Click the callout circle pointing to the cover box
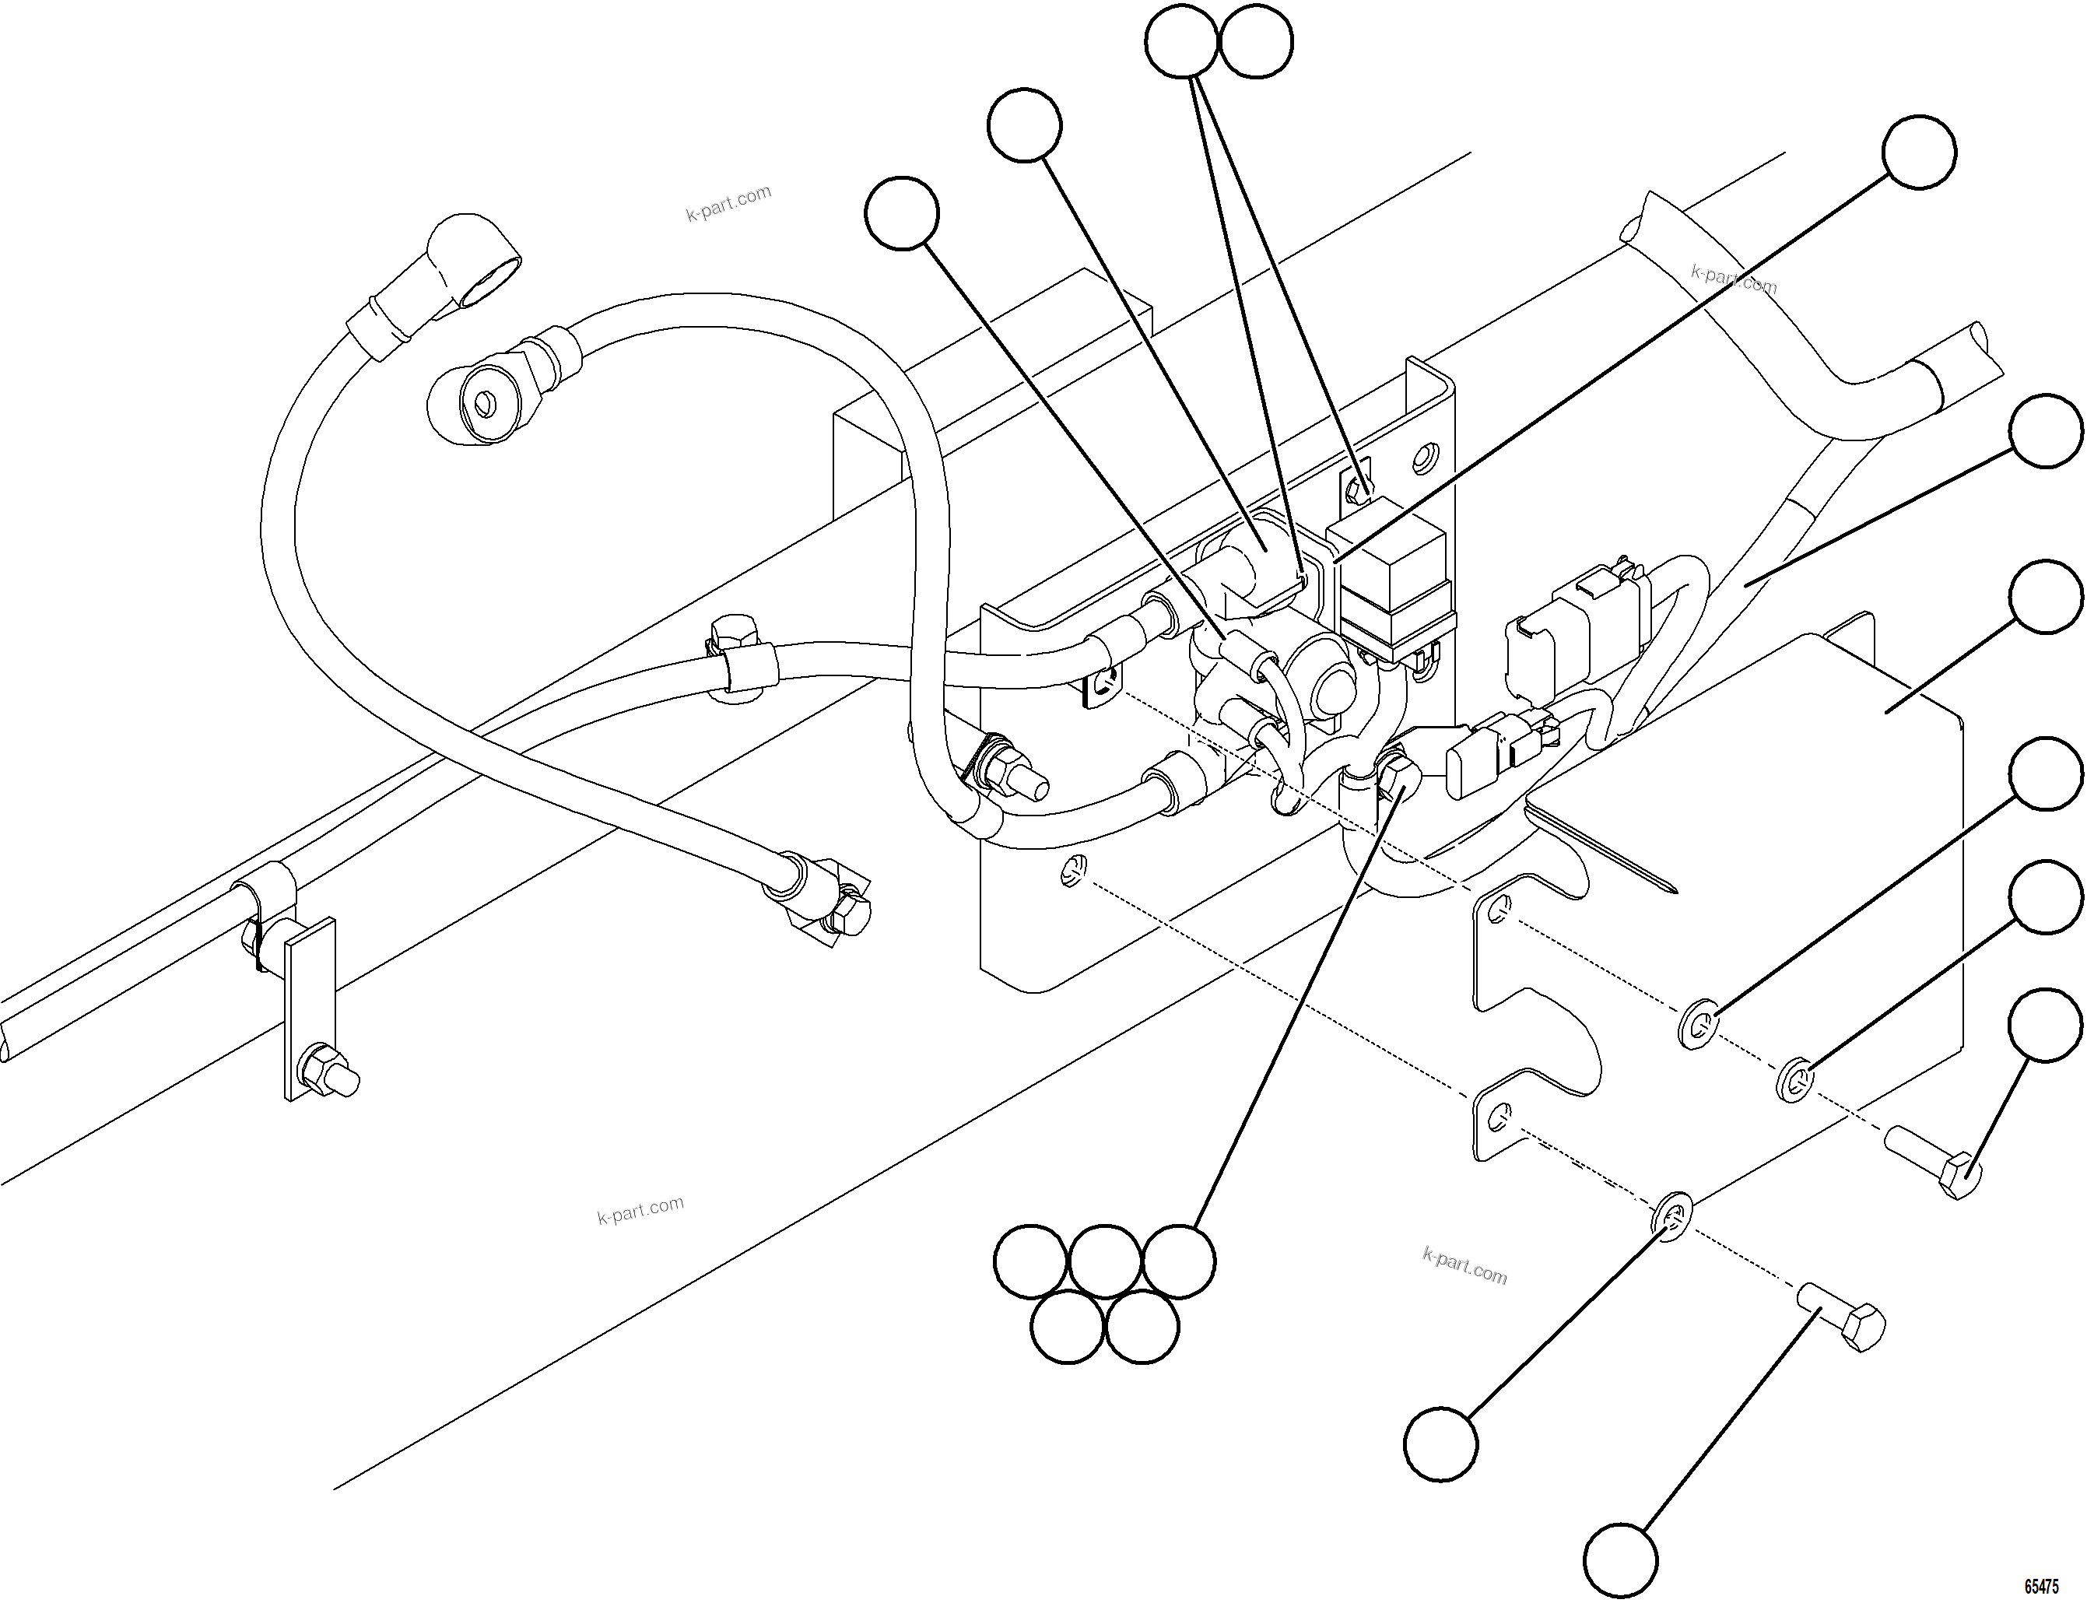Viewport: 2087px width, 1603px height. point(2045,596)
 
